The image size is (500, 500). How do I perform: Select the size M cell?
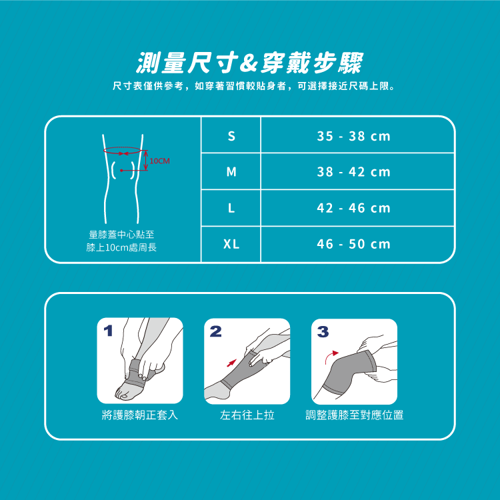231,172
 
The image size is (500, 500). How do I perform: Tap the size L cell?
231,208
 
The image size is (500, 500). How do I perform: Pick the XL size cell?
231,244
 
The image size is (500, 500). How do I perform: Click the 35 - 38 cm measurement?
353,136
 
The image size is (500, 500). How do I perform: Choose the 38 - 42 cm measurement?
353,172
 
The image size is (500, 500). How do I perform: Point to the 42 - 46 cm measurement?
353,208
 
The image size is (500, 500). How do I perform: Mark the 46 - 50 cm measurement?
353,244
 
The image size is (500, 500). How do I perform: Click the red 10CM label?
159,161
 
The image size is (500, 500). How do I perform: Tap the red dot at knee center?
121,170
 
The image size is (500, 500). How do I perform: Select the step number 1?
109,331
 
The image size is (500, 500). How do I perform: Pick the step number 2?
215,331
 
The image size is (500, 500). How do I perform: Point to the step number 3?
323,331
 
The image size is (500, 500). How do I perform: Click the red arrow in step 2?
231,363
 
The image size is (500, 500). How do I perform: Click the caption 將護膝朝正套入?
140,415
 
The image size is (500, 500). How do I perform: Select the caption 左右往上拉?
247,415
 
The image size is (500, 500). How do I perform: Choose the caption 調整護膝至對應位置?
354,415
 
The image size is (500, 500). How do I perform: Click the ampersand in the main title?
249,63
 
